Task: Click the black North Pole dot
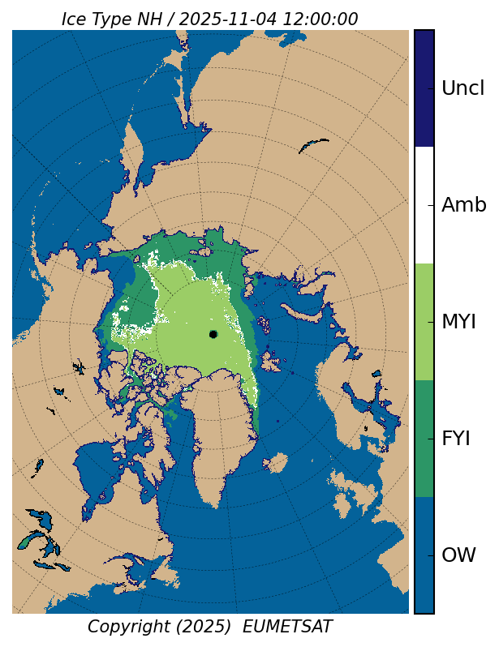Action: (x=213, y=334)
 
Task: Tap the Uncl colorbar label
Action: (x=462, y=88)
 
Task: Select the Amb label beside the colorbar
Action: (x=463, y=205)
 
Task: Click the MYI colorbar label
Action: (x=458, y=322)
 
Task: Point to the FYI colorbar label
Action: (x=455, y=439)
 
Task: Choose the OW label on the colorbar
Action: (x=458, y=555)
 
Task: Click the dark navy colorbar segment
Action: (x=424, y=88)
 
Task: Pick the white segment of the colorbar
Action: (x=424, y=205)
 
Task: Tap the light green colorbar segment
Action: (x=424, y=322)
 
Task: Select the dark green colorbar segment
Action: (x=424, y=439)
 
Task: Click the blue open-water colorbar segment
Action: (x=424, y=555)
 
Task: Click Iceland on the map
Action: (x=276, y=463)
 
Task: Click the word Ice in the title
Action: (x=75, y=19)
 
